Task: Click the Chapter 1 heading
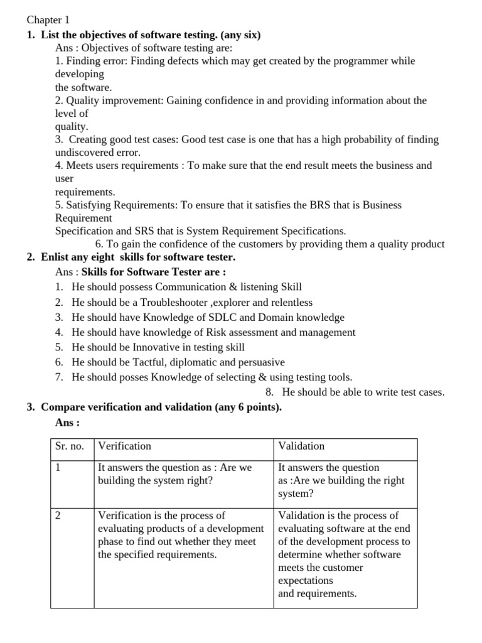coord(48,20)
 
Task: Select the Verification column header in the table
coord(124,446)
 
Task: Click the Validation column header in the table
coord(301,446)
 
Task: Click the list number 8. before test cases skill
coord(270,392)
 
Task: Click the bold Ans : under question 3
coord(67,423)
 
